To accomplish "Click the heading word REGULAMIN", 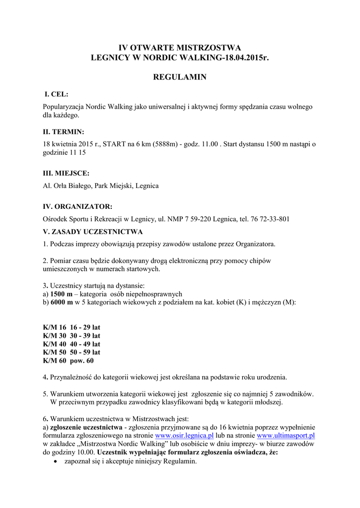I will (x=179, y=77).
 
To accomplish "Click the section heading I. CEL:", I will (x=57, y=94).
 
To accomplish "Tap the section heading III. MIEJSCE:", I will (x=66, y=173).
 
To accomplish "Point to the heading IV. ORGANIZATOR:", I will (x=77, y=206).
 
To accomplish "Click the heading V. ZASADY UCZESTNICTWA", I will (x=93, y=232).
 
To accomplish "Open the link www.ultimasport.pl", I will (x=286, y=436).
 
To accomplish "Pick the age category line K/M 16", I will (x=72, y=328).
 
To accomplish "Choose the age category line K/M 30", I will (x=72, y=336).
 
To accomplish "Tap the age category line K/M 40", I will (x=72, y=344).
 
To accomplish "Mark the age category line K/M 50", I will (x=72, y=352).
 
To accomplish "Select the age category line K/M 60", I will (x=69, y=361).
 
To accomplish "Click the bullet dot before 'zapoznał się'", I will (x=55, y=461).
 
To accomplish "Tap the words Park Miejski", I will (x=118, y=186).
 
